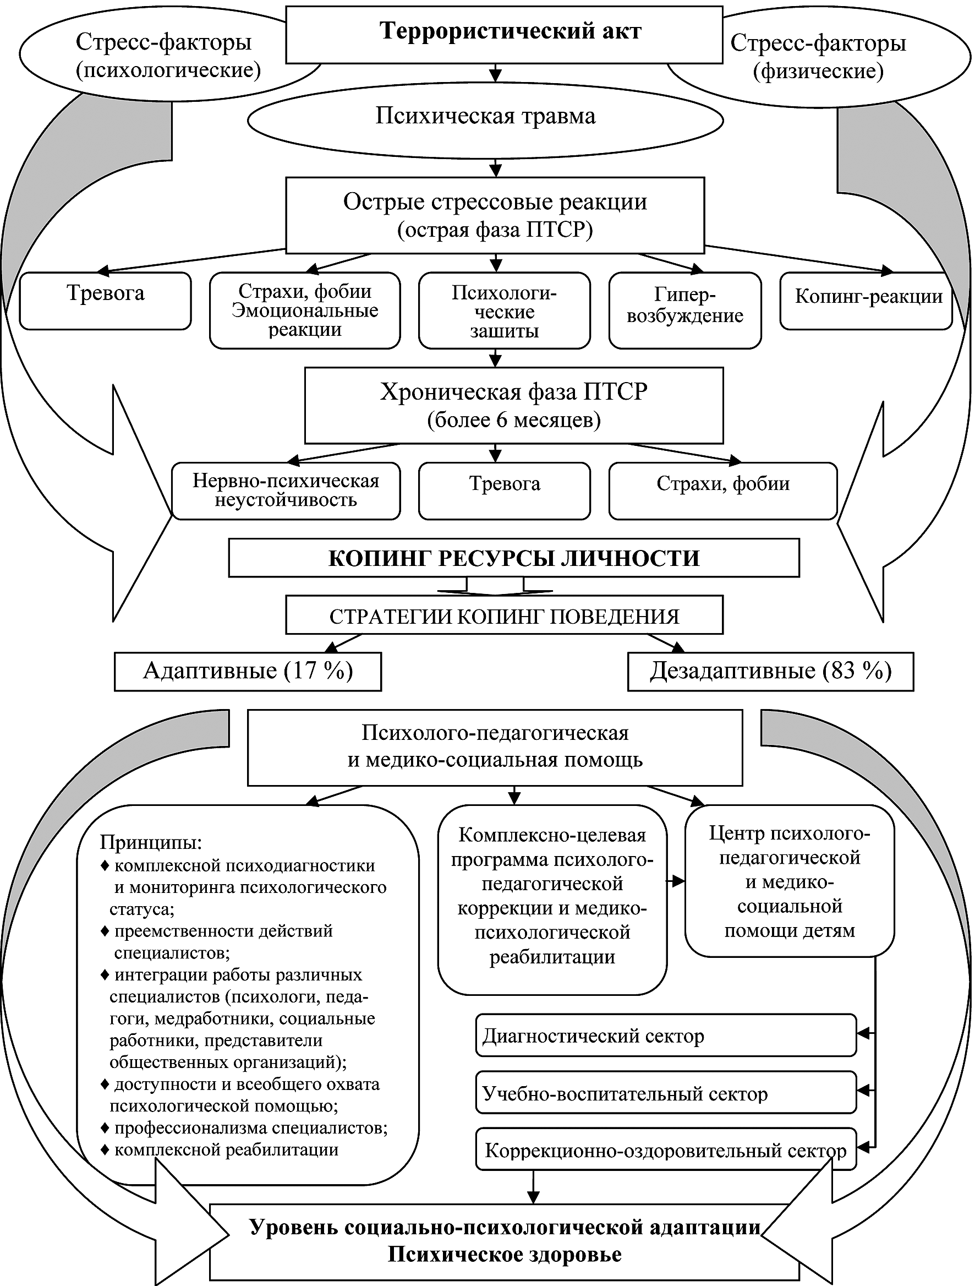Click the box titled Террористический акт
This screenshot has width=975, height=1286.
pyautogui.click(x=503, y=34)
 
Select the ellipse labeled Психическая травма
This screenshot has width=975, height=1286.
pyautogui.click(x=485, y=117)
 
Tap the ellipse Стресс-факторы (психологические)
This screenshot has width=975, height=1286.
pyautogui.click(x=168, y=56)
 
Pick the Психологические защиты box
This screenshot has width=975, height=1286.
pyautogui.click(x=504, y=311)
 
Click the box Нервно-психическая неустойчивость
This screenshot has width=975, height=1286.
pyautogui.click(x=286, y=490)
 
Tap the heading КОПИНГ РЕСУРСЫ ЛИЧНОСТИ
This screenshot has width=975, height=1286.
pyautogui.click(x=514, y=558)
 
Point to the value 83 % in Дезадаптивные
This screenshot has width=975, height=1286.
pyautogui.click(x=858, y=672)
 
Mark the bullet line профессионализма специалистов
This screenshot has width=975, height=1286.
pyautogui.click(x=250, y=1128)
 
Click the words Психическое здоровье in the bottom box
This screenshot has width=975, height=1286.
pyautogui.click(x=504, y=1255)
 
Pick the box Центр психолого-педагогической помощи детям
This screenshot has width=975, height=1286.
pyautogui.click(x=789, y=881)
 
